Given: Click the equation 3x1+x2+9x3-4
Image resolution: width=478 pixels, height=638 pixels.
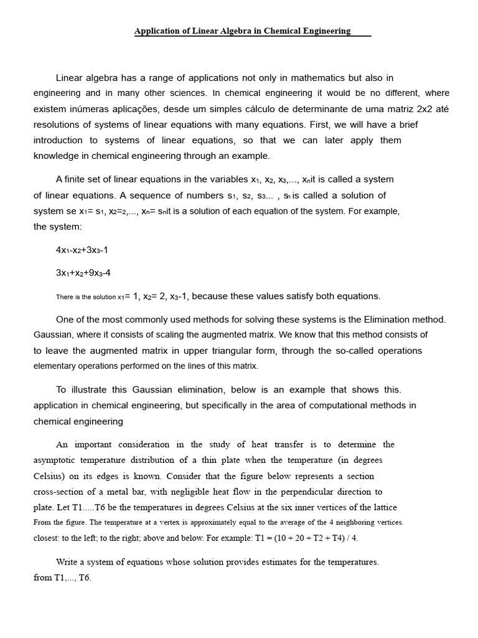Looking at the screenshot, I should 83,273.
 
